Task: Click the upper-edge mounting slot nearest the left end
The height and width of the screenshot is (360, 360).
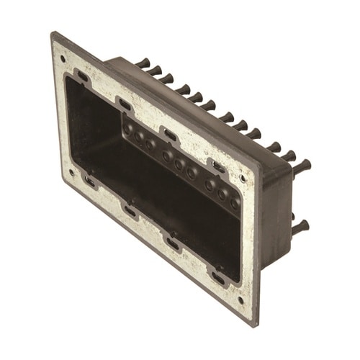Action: [84, 76]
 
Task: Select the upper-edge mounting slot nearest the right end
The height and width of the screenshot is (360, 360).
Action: [219, 166]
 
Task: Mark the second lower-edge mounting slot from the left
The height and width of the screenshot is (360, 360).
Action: [130, 211]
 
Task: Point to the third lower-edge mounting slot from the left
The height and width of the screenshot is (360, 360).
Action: [174, 243]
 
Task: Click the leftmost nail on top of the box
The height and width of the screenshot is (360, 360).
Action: [143, 63]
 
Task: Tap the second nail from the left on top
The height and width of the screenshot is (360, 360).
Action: [155, 70]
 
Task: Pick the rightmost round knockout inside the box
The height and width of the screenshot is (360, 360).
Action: [235, 204]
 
